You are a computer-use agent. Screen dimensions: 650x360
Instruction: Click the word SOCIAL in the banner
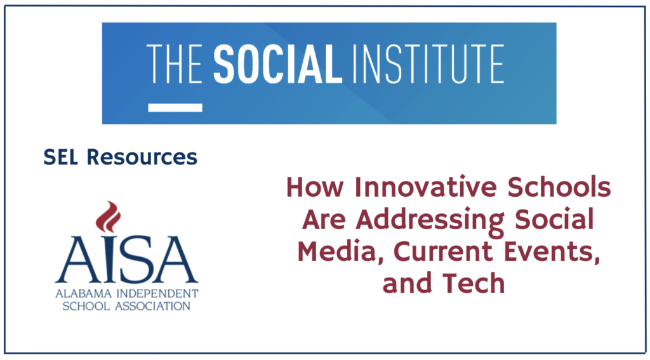(277, 64)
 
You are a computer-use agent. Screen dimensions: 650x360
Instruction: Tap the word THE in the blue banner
(174, 64)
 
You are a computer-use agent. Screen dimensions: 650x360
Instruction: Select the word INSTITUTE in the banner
(427, 64)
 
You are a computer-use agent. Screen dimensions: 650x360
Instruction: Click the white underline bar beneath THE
(175, 108)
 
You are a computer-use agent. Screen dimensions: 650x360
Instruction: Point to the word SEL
(60, 157)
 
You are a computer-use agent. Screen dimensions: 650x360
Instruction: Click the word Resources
(142, 157)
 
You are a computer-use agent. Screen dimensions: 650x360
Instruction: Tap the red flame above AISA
(108, 217)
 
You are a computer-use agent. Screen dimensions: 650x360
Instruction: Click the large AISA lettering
(127, 259)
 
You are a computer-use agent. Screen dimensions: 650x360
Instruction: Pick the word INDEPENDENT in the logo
(157, 293)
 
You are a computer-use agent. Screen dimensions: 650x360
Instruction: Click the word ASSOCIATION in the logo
(152, 307)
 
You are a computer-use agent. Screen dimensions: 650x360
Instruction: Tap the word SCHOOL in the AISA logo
(86, 307)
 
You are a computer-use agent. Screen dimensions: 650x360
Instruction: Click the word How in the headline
(315, 187)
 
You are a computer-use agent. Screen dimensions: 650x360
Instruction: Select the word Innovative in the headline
(426, 187)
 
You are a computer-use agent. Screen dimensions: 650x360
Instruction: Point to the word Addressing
(430, 220)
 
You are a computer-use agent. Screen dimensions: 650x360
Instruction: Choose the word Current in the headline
(442, 251)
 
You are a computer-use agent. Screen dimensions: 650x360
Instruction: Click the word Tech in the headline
(474, 283)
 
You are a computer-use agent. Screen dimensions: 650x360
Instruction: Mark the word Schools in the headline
(559, 187)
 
